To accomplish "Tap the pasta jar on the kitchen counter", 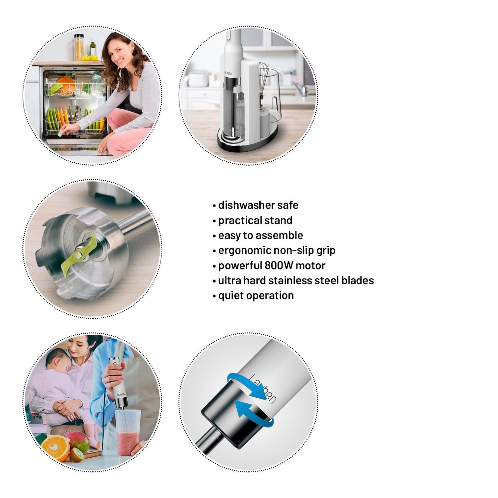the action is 79,47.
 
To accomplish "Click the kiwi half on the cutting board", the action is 77,455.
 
